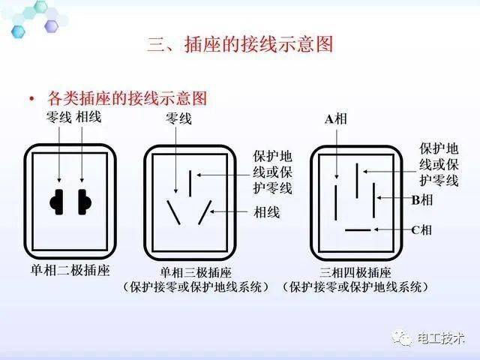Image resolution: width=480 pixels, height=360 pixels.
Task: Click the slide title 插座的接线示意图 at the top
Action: tap(239, 44)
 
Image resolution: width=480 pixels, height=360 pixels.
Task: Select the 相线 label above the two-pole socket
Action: tap(88, 118)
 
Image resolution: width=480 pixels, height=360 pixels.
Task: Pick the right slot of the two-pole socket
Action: tap(84, 200)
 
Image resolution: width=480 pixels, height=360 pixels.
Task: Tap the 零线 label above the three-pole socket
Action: tap(178, 118)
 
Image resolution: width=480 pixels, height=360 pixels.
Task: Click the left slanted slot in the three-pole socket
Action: tap(173, 213)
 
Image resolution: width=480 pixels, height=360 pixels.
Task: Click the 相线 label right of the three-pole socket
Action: tap(267, 212)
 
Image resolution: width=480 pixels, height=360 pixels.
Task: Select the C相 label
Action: tap(421, 229)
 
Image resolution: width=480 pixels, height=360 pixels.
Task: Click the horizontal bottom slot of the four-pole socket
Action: tap(357, 229)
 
